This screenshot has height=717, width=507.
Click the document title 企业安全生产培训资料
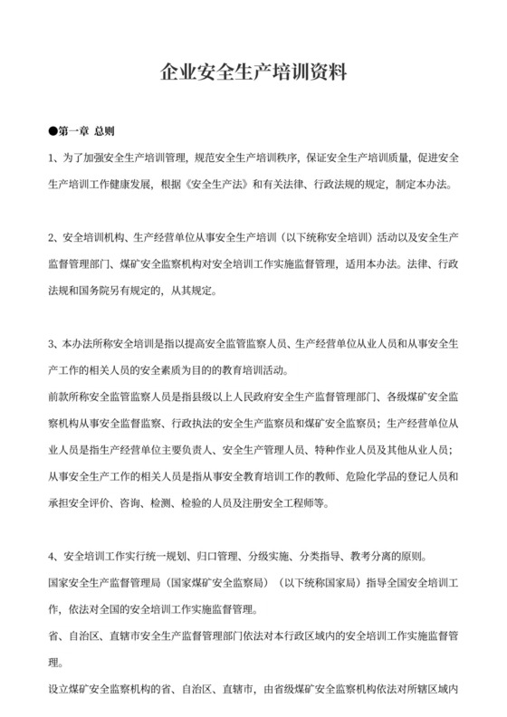253,72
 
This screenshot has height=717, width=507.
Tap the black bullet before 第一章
53,131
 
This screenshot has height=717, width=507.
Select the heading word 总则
105,131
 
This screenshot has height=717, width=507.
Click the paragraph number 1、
54,158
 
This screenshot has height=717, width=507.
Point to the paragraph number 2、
54,238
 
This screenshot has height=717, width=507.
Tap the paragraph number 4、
54,555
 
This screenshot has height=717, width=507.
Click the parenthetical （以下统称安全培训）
316,238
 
